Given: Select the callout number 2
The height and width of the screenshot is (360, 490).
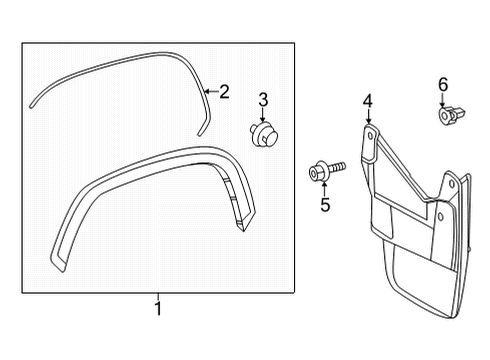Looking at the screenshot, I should (x=224, y=93).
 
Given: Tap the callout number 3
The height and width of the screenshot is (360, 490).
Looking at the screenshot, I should (x=263, y=98).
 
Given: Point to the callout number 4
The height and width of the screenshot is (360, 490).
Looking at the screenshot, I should (x=367, y=101).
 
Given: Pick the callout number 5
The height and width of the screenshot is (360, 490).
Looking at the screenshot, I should (x=325, y=205).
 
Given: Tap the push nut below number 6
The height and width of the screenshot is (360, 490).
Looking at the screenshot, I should (x=445, y=117).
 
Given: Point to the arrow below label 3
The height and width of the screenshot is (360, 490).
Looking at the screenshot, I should (x=263, y=115).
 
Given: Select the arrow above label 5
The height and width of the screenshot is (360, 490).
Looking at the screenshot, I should (x=324, y=188).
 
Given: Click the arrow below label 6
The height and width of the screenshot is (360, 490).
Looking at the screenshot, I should (x=444, y=103).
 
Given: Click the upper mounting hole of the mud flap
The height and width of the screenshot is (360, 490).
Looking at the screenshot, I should (x=369, y=131).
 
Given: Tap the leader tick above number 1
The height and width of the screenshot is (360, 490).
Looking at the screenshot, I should (x=157, y=295).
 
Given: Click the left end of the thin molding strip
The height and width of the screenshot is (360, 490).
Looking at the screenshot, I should (x=32, y=101).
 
